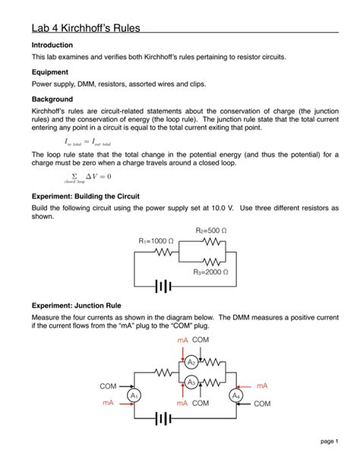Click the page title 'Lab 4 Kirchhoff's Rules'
point(84,27)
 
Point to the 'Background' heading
point(52,100)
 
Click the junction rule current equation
point(87,142)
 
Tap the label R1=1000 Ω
point(156,241)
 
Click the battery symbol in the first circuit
point(161,287)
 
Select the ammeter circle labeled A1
point(134,395)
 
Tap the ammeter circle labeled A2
point(192,363)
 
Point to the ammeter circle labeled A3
point(192,382)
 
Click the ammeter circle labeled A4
point(235,395)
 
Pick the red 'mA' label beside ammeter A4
point(262,386)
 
